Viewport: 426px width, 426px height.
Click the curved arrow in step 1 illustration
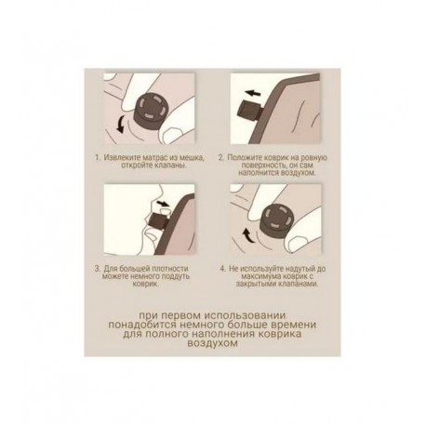click(120, 124)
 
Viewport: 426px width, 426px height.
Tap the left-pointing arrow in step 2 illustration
click(253, 93)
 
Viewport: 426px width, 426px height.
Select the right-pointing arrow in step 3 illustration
click(163, 204)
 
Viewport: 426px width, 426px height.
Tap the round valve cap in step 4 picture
click(277, 219)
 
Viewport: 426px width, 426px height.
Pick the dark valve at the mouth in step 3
click(159, 223)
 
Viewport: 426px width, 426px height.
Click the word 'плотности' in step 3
click(171, 269)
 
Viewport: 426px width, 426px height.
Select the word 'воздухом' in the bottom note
click(212, 343)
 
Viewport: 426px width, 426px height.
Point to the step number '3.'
click(98, 269)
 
